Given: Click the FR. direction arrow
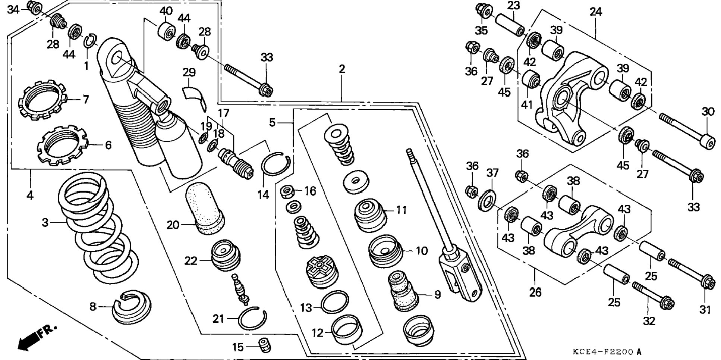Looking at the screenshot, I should [35, 338].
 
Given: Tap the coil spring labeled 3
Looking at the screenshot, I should [98, 228].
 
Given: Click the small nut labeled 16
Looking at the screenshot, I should [286, 192].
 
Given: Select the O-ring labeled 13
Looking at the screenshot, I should [335, 302].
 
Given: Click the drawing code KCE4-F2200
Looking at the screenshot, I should [603, 351].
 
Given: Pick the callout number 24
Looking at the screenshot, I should [595, 12].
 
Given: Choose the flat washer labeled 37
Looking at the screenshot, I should [487, 200].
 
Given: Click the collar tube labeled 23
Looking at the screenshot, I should [509, 23].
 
